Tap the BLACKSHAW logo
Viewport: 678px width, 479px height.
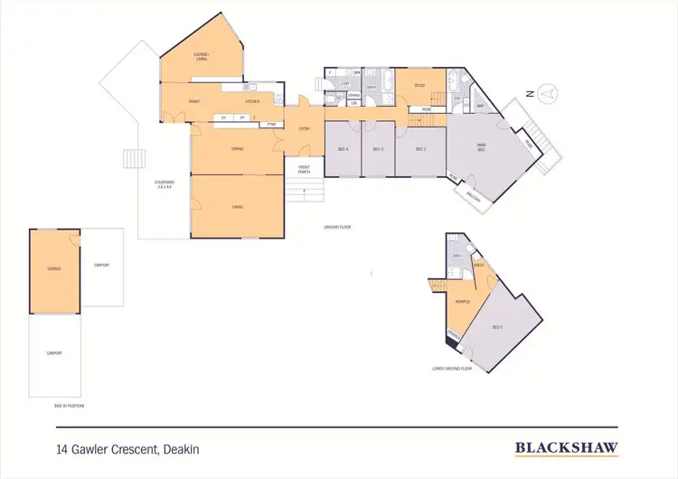[560, 446]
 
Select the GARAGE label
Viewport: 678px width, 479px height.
[54, 269]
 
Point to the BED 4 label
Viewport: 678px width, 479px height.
[343, 148]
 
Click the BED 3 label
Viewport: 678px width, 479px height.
[377, 148]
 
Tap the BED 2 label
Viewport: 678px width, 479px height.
[420, 148]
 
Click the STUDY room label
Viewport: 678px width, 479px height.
[419, 86]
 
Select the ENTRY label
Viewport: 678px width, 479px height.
[304, 128]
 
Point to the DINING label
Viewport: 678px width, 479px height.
[237, 148]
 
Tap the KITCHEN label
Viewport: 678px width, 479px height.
[253, 101]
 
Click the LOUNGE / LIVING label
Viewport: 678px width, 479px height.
[201, 57]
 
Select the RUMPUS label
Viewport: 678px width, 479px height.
[462, 301]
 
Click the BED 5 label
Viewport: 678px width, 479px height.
[496, 327]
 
